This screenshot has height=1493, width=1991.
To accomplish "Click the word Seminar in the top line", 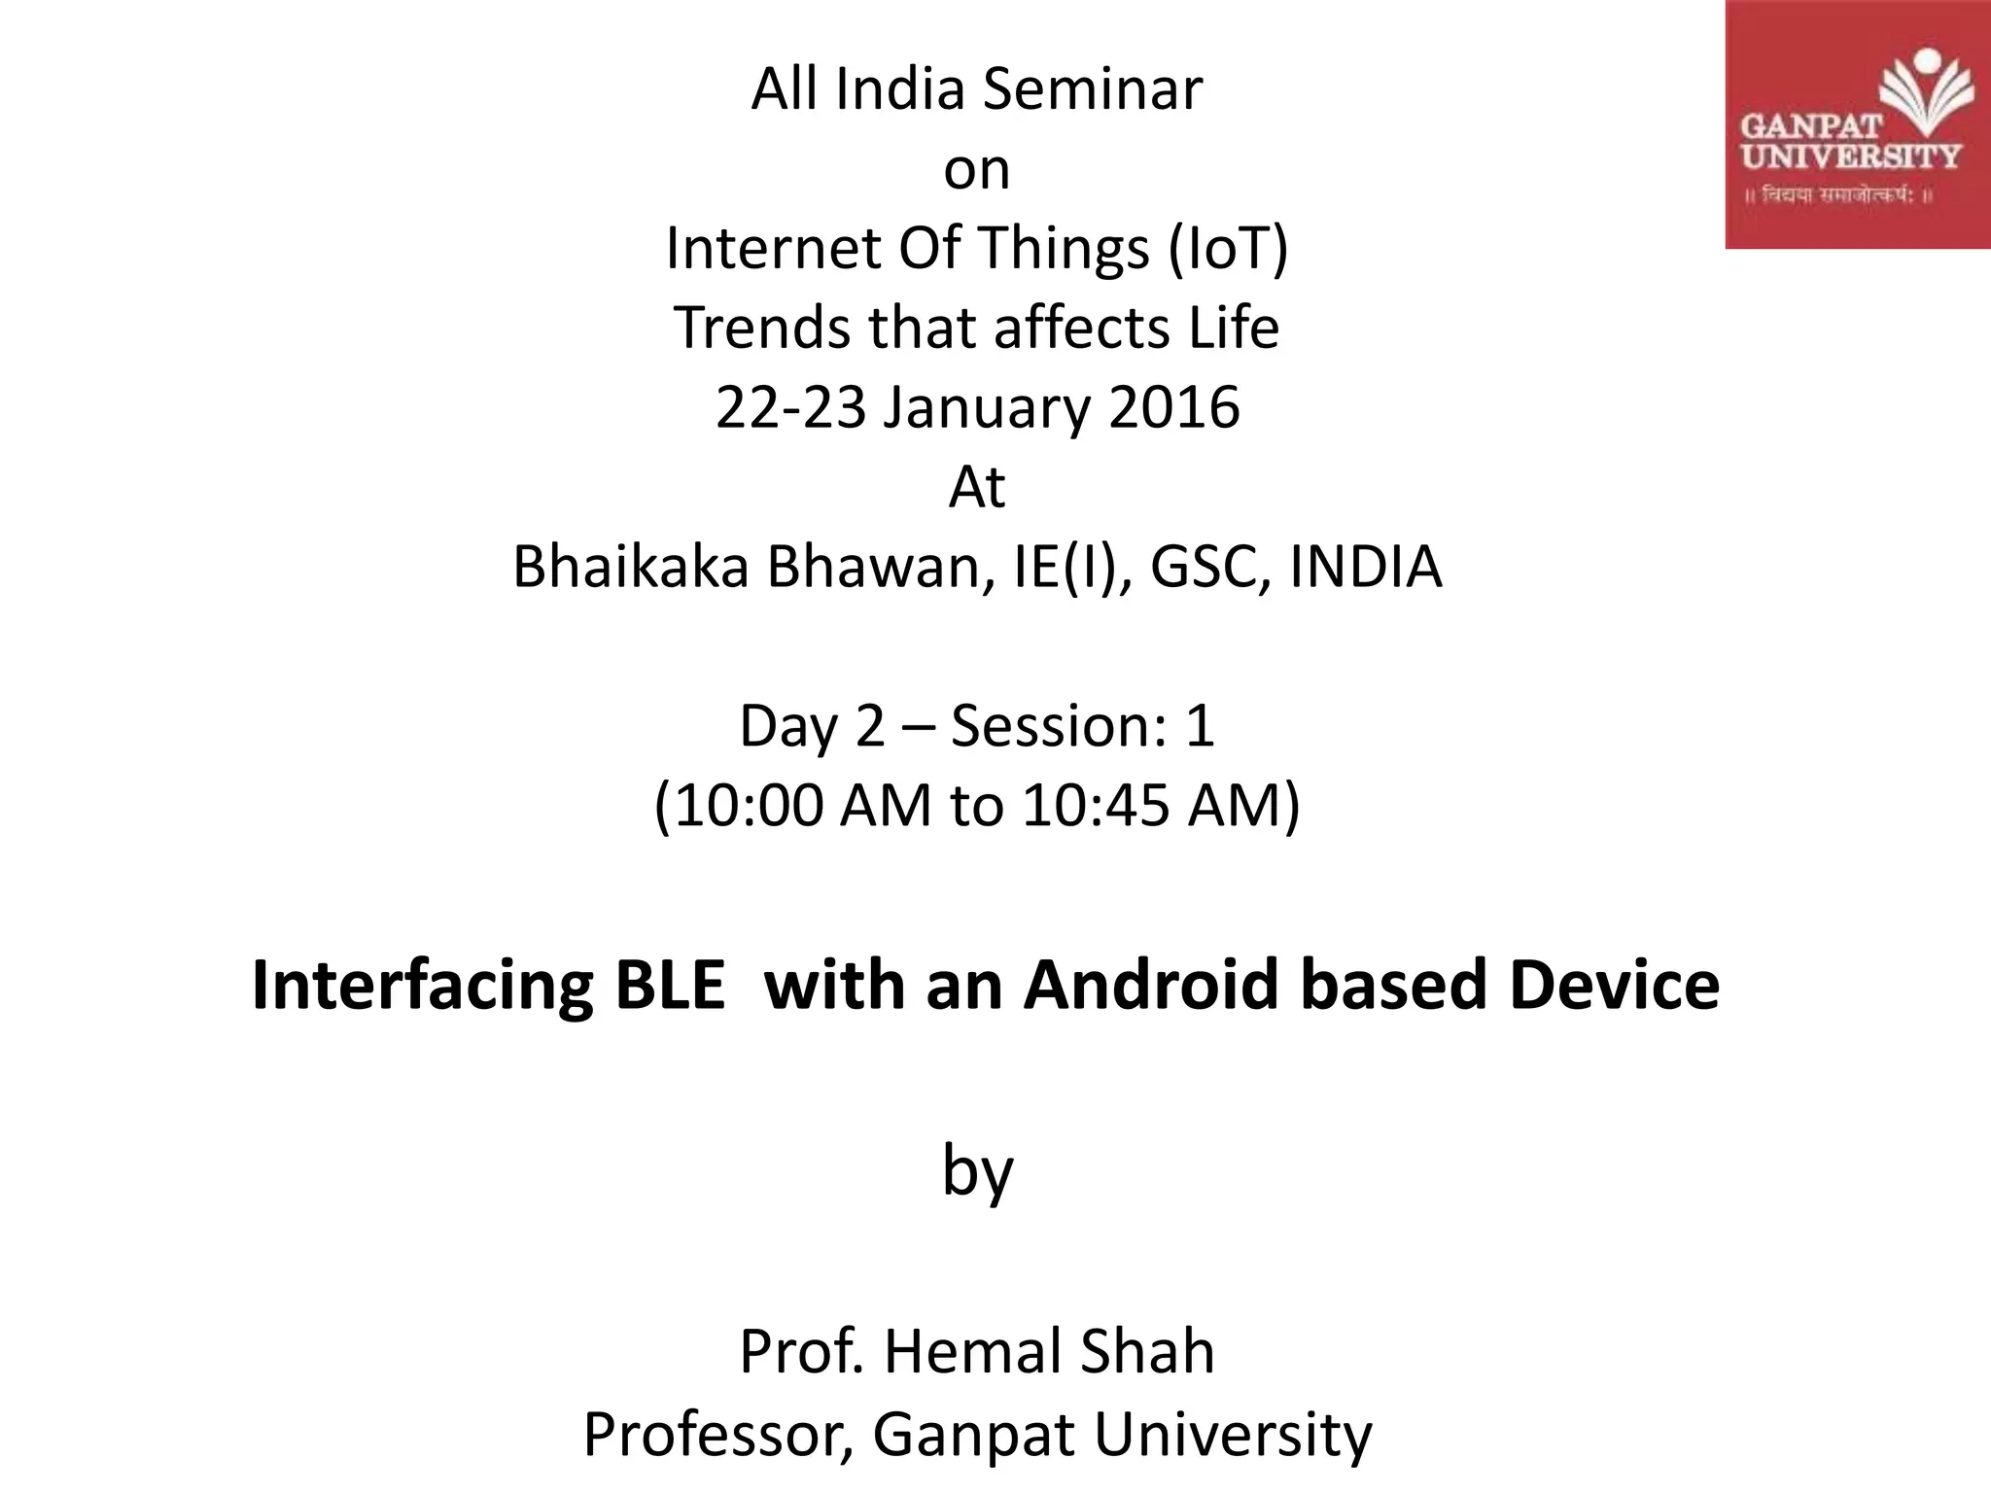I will tap(1092, 89).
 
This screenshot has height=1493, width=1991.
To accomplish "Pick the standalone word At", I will tap(976, 487).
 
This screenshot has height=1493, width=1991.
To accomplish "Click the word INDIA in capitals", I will tap(1365, 568).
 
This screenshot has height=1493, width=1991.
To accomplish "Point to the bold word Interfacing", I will tap(422, 986).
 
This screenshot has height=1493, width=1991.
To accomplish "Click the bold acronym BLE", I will tap(670, 986).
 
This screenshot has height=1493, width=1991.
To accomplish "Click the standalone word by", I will tap(977, 1172).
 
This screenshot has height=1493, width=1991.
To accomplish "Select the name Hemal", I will tap(987, 1352).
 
